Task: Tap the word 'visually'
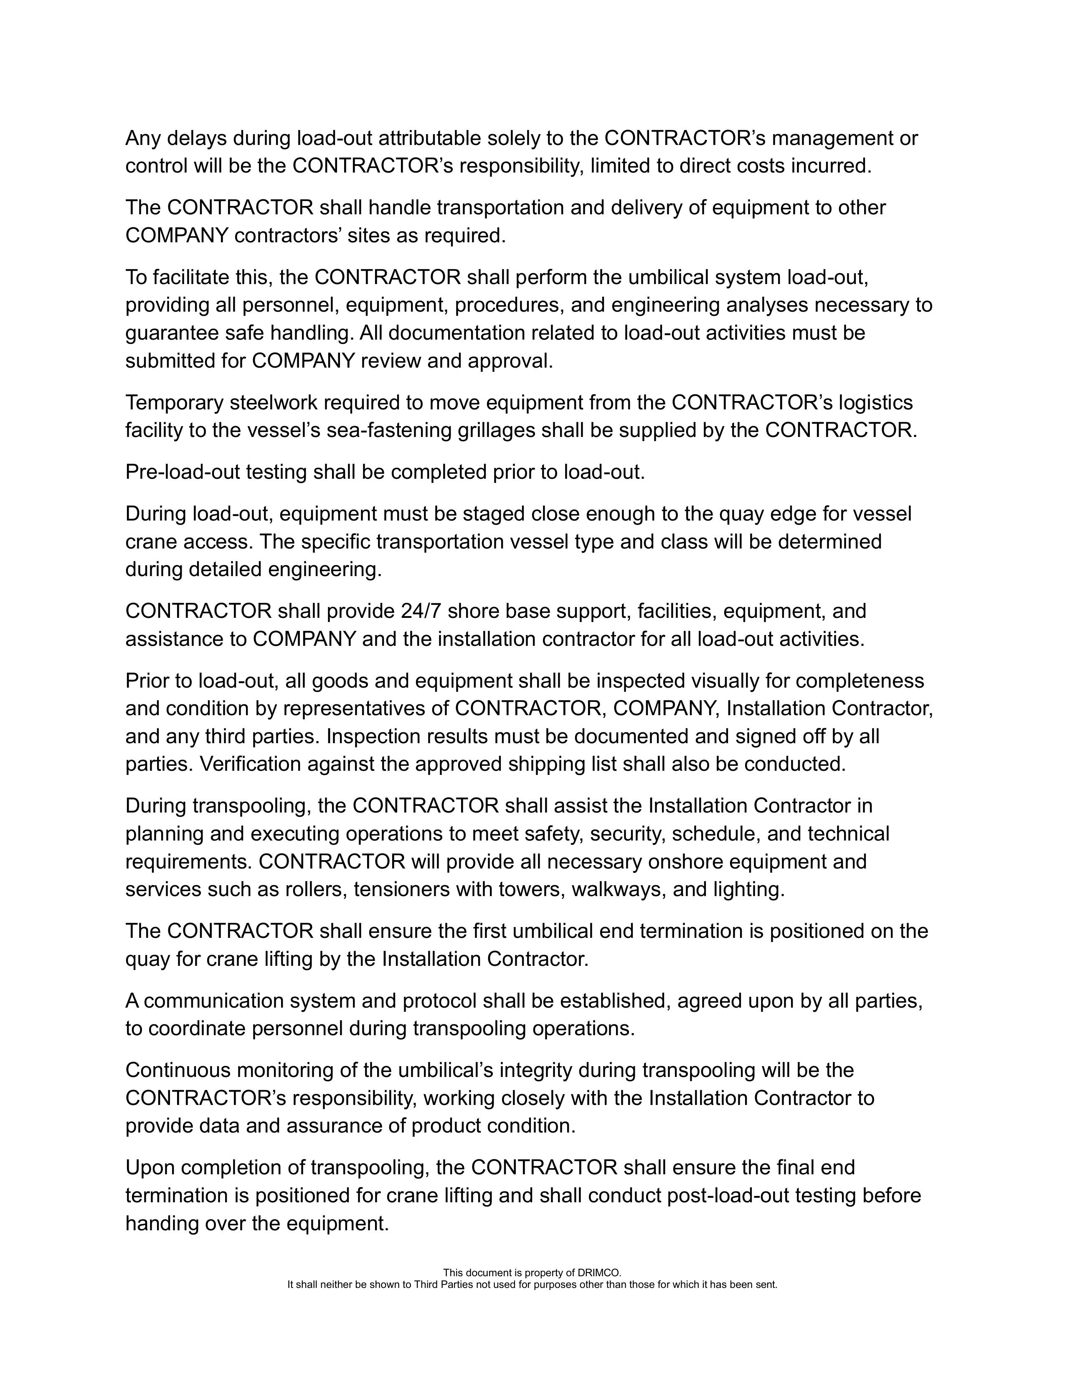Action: (x=724, y=681)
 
